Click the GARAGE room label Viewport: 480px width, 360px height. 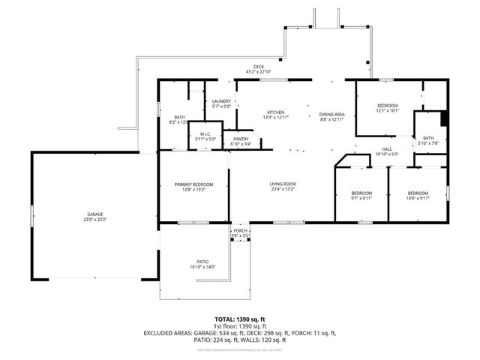coord(94,214)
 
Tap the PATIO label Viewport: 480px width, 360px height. coord(202,261)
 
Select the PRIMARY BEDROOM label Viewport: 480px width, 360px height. coord(194,184)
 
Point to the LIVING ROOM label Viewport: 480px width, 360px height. coord(283,184)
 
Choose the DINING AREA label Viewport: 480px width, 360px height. coord(331,112)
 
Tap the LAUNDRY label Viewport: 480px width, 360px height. coord(221,101)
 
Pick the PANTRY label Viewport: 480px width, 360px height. coord(241,139)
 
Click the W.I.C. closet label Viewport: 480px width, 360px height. coord(205,134)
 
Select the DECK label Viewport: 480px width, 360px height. coord(259,67)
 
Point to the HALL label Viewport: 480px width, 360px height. coord(387,149)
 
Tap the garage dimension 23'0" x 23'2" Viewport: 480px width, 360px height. coord(94,219)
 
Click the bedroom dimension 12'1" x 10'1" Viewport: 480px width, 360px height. coord(388,110)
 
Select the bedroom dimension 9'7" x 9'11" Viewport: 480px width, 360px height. coord(362,199)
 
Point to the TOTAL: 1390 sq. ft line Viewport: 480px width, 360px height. coord(239,319)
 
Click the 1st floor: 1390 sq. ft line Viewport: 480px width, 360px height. coord(239,326)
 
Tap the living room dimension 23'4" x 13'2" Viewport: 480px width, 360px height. coord(283,189)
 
